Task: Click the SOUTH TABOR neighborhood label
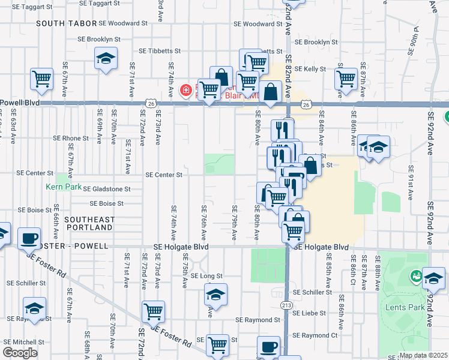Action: pyautogui.click(x=67, y=23)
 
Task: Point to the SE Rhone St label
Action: pyautogui.click(x=71, y=138)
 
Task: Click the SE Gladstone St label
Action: pyautogui.click(x=107, y=189)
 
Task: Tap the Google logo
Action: pyautogui.click(x=20, y=353)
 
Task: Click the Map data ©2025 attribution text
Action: pyautogui.click(x=423, y=355)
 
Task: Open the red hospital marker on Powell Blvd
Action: pyautogui.click(x=186, y=91)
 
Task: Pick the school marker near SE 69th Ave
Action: pyautogui.click(x=106, y=59)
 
